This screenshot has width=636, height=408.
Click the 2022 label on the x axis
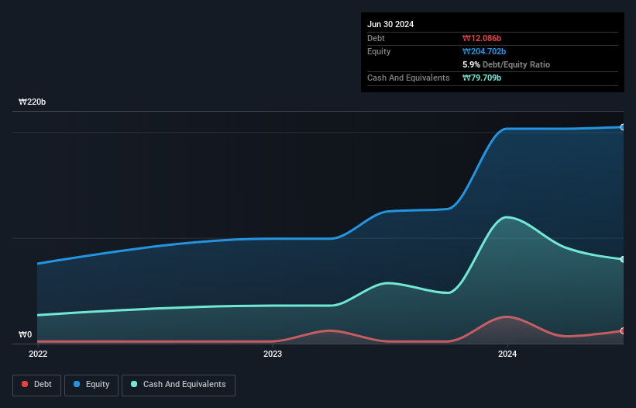pos(37,354)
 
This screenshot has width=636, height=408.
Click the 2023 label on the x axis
pos(273,354)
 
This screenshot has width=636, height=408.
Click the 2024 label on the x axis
pos(507,354)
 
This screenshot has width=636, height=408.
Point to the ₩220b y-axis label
pos(33,102)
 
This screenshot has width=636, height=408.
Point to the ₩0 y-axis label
pos(26,334)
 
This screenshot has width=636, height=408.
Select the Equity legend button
pos(91,385)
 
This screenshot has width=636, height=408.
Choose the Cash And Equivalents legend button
pos(178,385)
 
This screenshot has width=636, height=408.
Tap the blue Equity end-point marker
pos(622,126)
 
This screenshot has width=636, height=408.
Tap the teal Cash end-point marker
pos(622,259)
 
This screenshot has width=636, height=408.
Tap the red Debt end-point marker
pos(622,330)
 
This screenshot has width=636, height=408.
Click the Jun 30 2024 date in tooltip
pos(390,24)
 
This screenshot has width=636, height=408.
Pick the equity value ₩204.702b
pos(486,51)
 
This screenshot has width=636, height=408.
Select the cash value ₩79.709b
pos(483,78)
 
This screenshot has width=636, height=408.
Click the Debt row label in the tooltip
pos(376,38)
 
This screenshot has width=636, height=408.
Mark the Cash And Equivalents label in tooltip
pos(408,78)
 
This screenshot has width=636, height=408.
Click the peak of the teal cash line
pos(507,216)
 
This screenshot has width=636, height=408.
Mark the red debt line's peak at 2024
pos(507,316)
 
